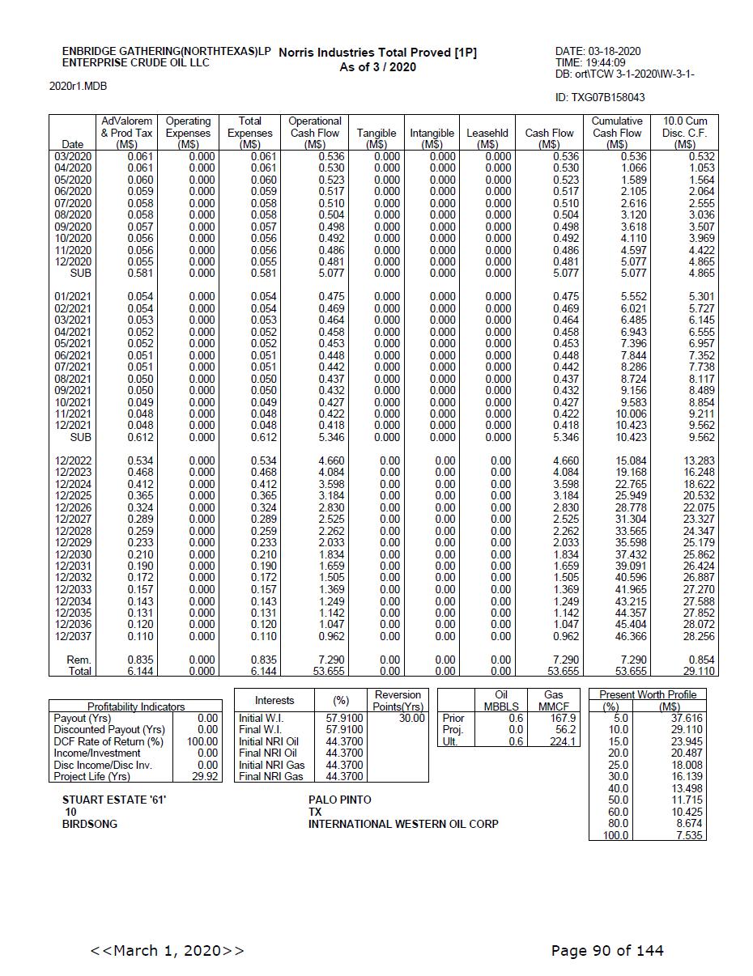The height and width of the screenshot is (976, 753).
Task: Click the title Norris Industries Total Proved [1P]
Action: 377,53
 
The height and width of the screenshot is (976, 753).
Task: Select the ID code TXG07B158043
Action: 600,97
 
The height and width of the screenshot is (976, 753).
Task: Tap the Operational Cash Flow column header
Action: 315,133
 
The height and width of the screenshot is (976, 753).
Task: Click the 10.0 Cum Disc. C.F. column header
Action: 684,133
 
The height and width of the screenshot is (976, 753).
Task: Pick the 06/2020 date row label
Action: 73,191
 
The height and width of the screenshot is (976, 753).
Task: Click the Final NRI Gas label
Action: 270,776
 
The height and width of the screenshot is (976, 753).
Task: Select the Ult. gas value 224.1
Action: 562,741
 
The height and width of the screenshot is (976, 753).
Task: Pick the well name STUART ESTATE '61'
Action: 114,800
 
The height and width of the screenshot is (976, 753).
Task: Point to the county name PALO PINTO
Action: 339,800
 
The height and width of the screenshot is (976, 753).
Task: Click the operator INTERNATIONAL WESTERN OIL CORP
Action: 403,824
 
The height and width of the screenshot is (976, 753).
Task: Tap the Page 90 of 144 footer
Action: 606,950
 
